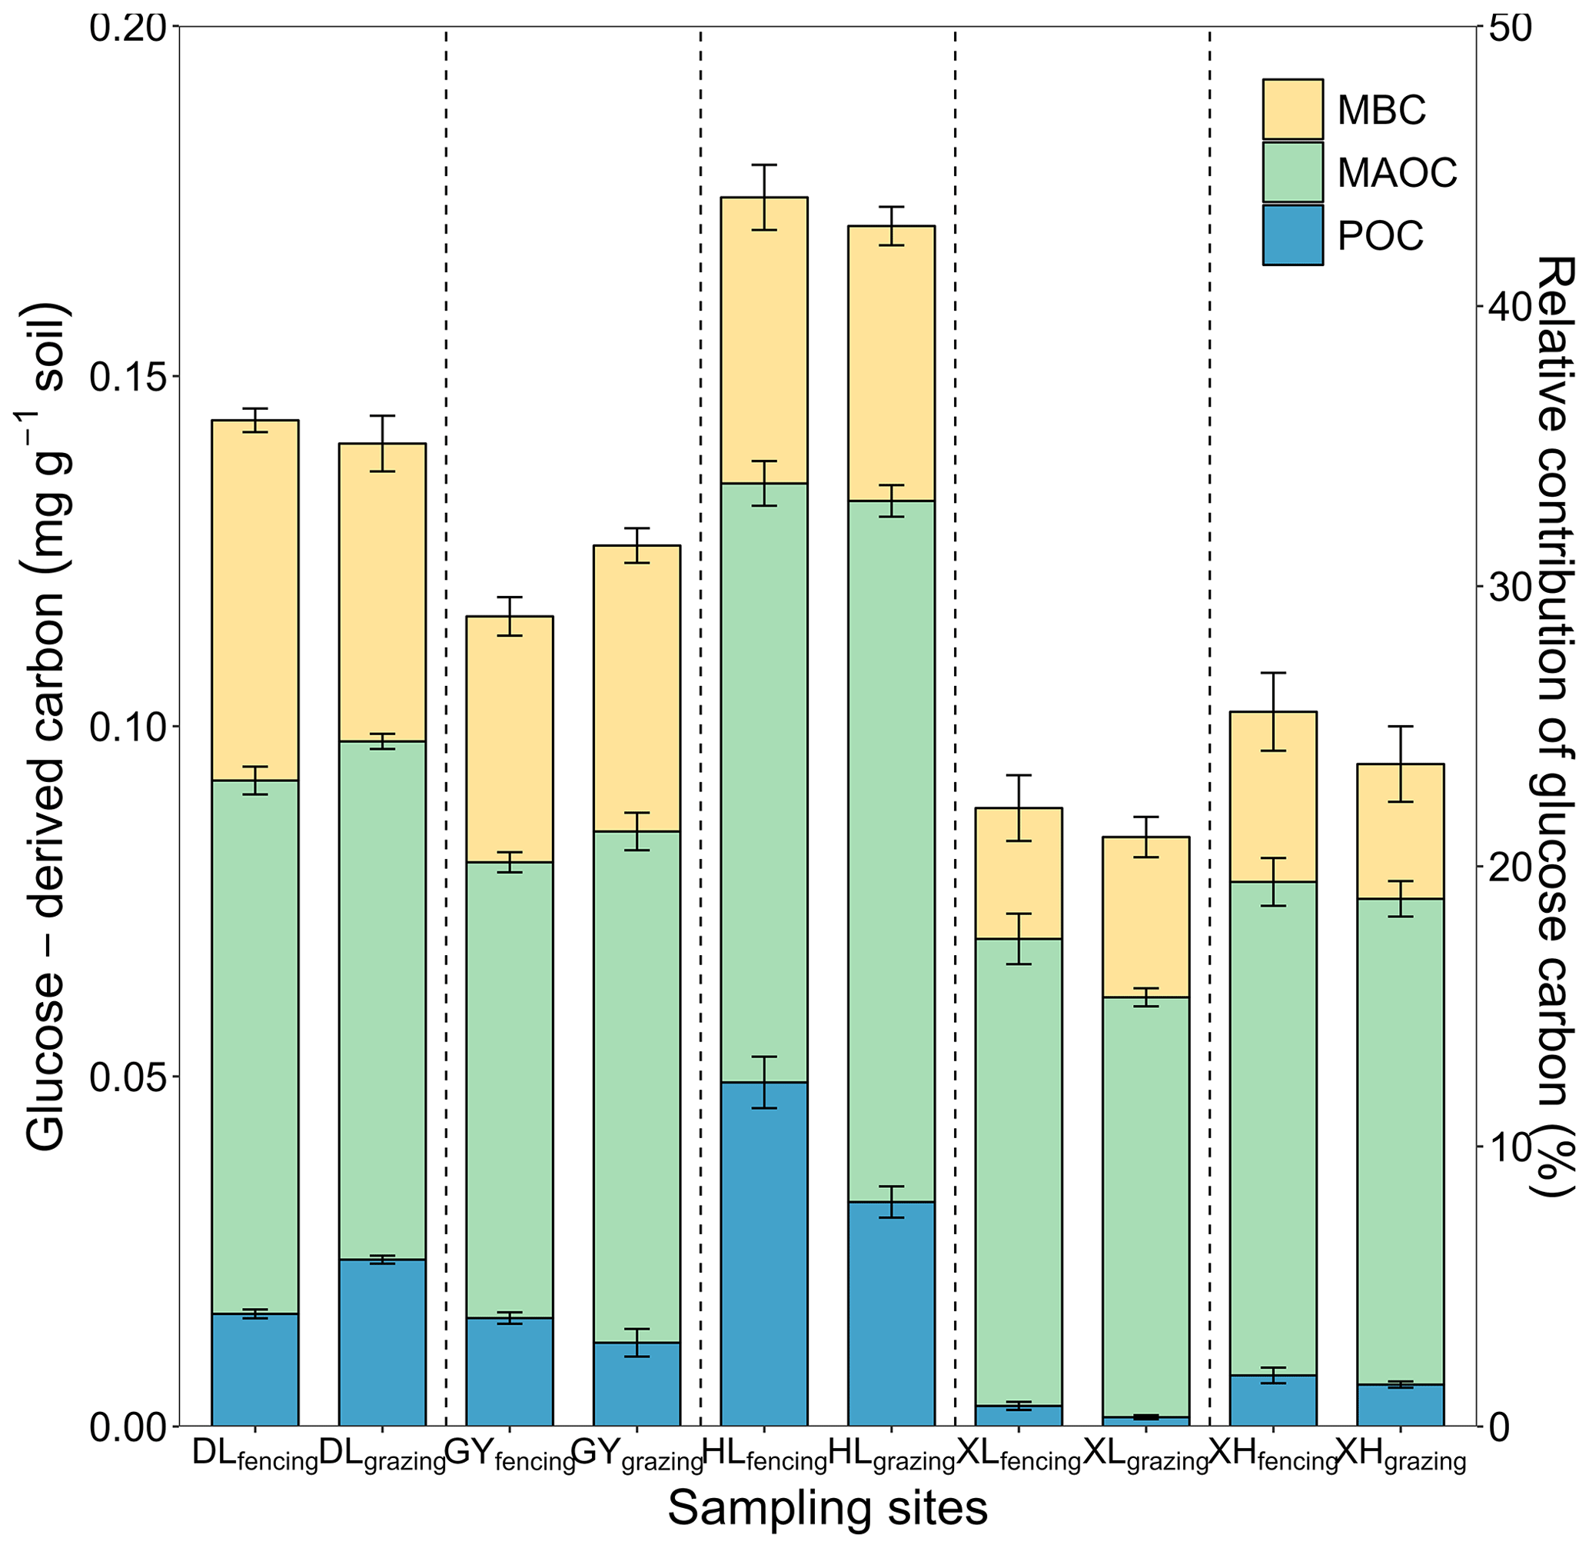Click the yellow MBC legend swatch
coord(1291,109)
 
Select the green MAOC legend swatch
coord(1291,171)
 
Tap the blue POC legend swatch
coord(1291,235)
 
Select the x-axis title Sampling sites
coord(826,1509)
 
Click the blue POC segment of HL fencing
coord(764,1252)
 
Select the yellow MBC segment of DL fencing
coord(254,600)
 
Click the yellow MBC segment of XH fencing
coord(1273,797)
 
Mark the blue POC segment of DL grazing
coord(382,1341)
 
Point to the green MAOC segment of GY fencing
coord(510,1090)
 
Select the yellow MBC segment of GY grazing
coord(637,687)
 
